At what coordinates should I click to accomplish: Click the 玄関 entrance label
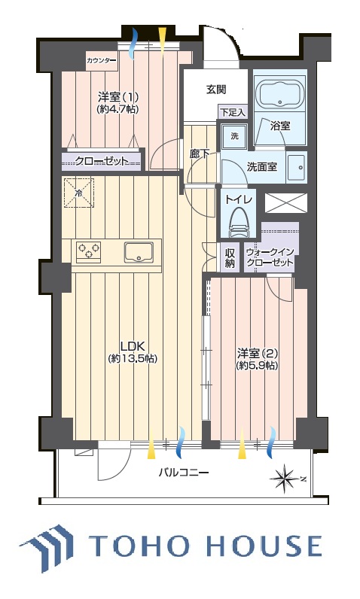point(216,90)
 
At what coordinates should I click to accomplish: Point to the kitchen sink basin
point(139,252)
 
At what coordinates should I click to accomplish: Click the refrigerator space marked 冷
point(78,193)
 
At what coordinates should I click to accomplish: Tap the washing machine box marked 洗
point(234,136)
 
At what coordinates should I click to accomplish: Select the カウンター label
point(102,59)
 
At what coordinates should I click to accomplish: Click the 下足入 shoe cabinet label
point(233,112)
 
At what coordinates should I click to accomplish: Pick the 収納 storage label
point(230,258)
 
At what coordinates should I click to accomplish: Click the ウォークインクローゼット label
point(270,257)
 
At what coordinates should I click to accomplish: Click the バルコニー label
point(184,473)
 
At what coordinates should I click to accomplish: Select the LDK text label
point(132,346)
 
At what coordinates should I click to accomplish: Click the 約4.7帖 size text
point(118,109)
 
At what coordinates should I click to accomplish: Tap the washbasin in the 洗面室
point(297,167)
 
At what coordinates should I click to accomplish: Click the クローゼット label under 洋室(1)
point(101,161)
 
